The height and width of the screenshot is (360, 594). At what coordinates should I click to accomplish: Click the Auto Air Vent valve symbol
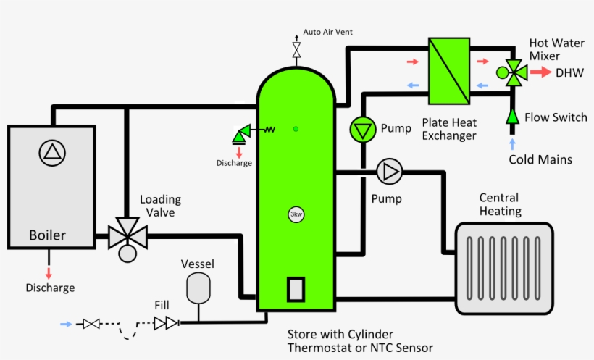coord(296,50)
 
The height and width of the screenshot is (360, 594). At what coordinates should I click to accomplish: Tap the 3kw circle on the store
coord(296,214)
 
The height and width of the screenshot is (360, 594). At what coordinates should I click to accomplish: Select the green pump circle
coord(360,129)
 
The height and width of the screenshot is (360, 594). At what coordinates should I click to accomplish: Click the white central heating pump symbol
coord(389,172)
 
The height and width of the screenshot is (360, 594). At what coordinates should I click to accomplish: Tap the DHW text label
coord(569,72)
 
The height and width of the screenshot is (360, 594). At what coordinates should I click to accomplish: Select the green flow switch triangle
coord(512,116)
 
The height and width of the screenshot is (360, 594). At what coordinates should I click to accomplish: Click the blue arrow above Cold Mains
coord(513,145)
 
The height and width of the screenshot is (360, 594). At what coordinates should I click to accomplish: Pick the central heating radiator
coord(499,267)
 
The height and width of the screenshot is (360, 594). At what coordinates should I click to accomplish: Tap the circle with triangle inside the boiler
coord(52,151)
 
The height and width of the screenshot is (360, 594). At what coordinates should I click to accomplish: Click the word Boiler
coord(47,235)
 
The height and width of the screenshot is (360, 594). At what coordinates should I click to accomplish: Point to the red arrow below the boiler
coord(49,272)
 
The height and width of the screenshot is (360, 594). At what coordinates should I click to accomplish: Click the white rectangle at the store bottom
coord(296,290)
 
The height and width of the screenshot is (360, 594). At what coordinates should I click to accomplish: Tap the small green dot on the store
coord(296,129)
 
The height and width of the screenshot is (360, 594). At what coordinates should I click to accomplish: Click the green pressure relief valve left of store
coord(240,133)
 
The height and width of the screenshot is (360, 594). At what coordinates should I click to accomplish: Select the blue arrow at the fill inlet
coord(67,324)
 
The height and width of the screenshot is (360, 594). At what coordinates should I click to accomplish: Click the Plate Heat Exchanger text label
coord(449,129)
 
